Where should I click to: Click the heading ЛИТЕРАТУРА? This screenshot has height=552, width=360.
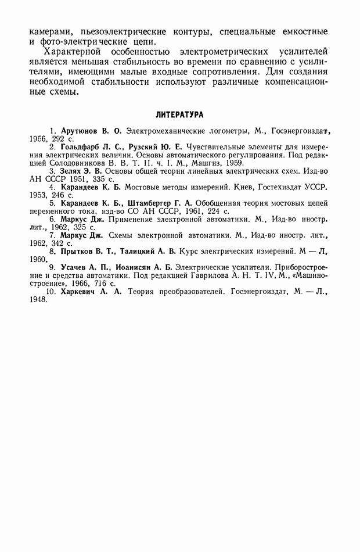(179, 116)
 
